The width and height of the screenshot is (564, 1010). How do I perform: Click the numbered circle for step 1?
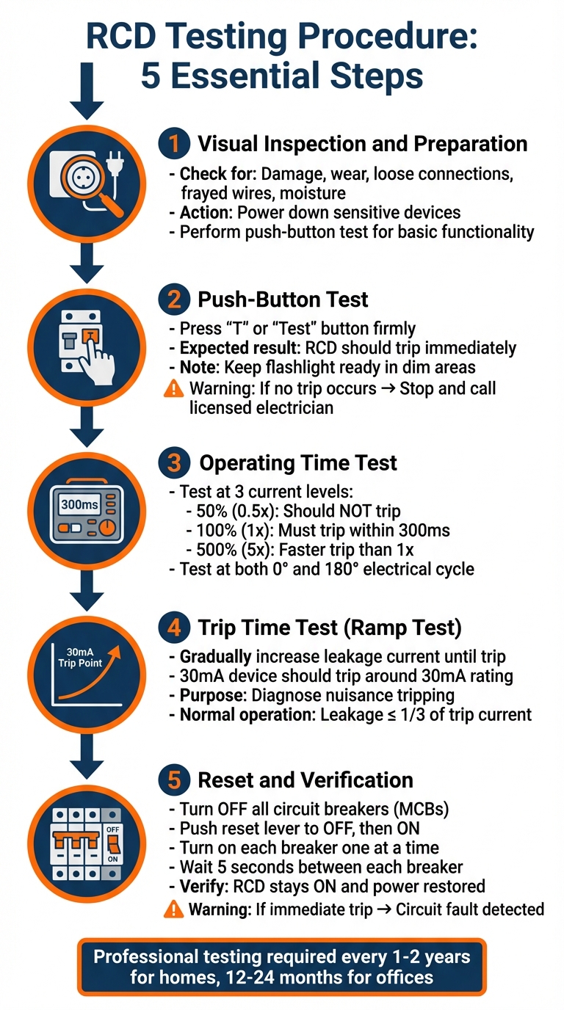[x=173, y=143]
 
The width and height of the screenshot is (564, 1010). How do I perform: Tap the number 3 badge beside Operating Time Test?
[x=173, y=463]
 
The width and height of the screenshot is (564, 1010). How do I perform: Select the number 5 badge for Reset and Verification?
[x=173, y=780]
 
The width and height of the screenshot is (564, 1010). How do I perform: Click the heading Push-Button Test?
[x=283, y=299]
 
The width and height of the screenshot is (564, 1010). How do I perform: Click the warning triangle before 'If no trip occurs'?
[x=173, y=390]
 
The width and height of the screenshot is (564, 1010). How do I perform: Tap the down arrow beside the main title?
[x=87, y=91]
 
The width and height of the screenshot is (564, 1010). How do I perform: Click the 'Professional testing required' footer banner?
[x=282, y=967]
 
